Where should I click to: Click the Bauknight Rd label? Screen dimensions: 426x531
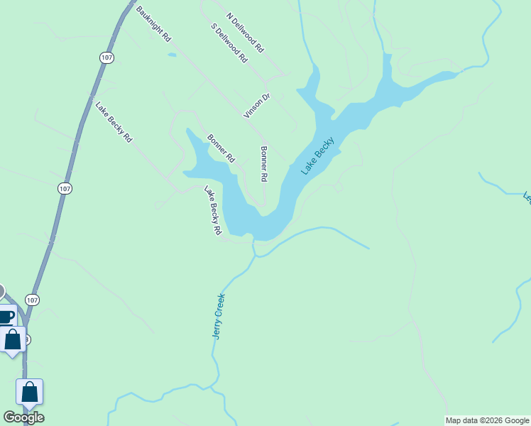[x=154, y=23]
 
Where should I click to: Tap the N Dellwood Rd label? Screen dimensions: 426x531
[x=246, y=33]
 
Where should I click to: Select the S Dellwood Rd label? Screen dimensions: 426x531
[x=229, y=43]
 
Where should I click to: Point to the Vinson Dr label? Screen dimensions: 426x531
[x=257, y=106]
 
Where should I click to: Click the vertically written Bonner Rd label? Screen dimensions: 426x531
[x=264, y=164]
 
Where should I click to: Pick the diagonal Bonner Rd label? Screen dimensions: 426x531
[x=220, y=148]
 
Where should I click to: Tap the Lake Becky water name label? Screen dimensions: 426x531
[x=317, y=156]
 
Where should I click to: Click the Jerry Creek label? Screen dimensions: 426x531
[x=219, y=315]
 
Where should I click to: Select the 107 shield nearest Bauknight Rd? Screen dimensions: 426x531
[x=106, y=58]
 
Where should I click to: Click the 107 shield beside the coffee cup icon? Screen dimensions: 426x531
[x=32, y=299]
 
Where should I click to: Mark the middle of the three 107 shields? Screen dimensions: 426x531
[x=65, y=188]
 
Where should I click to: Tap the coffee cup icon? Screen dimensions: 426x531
[x=6, y=316]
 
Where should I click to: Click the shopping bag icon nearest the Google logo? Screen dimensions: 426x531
[x=29, y=391]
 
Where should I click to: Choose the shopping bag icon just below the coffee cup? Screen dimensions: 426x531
[x=13, y=339]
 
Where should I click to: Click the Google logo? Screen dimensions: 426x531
[x=23, y=417]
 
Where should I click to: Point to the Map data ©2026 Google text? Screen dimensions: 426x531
[x=487, y=420]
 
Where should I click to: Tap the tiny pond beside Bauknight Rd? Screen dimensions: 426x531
[x=172, y=54]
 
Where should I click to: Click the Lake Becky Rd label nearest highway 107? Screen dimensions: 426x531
[x=114, y=123]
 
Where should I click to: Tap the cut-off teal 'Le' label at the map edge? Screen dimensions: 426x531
[x=526, y=197]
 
